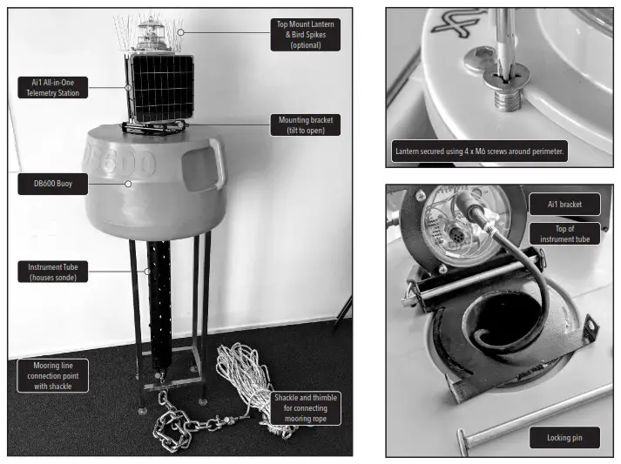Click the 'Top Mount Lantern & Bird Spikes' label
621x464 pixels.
(x=306, y=35)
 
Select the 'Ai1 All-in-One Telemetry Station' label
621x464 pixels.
(x=52, y=87)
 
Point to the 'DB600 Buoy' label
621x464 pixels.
(x=52, y=184)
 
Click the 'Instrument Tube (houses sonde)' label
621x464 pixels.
(x=52, y=271)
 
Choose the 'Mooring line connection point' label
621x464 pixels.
(x=52, y=375)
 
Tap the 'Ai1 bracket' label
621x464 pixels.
(x=564, y=204)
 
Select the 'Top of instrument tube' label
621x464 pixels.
(x=564, y=232)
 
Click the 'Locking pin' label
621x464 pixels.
(x=564, y=437)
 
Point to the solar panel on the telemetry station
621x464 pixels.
(x=159, y=88)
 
